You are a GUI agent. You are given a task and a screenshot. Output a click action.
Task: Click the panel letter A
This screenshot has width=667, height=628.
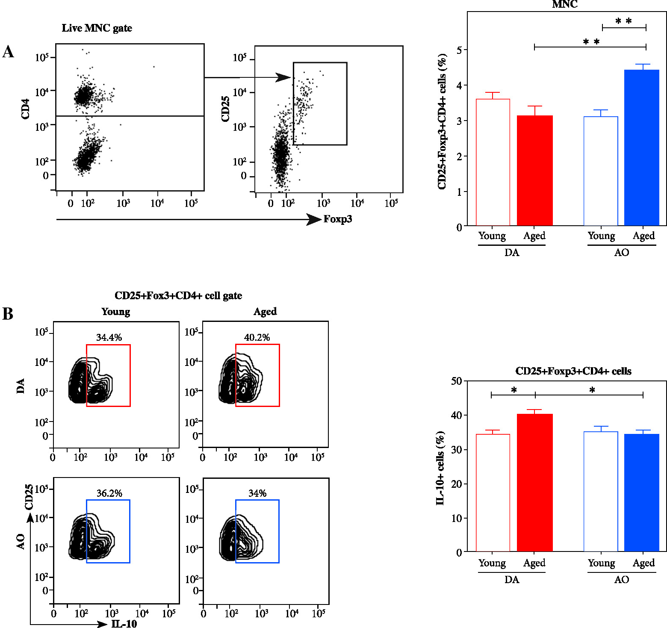pos(8,52)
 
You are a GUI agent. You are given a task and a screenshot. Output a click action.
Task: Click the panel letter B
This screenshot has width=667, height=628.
pos(8,314)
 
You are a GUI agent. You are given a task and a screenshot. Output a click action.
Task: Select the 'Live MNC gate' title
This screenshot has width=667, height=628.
pos(97,28)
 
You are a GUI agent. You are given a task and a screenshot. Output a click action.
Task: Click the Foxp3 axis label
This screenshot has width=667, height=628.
pos(337,219)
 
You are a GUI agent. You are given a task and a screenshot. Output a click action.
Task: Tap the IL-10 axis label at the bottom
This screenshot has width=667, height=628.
pos(124,624)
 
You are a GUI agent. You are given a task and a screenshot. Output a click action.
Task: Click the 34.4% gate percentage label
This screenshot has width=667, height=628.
pos(109,337)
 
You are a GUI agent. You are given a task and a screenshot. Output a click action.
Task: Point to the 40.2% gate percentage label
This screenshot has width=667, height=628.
pos(257,337)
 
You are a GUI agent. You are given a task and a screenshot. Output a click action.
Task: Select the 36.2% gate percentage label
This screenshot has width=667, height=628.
pos(109,493)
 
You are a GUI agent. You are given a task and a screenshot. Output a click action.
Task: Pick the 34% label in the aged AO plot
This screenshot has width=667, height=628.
pos(257,493)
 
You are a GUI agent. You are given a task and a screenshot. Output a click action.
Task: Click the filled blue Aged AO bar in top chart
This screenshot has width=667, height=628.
pos(642,147)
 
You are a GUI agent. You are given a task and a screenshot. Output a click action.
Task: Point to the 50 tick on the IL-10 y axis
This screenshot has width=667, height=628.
pos(457,381)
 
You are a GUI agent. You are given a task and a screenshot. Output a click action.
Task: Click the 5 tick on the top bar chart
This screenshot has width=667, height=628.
pos(459,50)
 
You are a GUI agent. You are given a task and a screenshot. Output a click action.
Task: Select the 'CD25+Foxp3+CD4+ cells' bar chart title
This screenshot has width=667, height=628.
pos(573,371)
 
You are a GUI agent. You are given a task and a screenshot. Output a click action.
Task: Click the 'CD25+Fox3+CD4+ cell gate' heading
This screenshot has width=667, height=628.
pos(178,296)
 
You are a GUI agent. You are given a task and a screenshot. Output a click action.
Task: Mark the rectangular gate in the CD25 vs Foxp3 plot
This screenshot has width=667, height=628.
pos(320,103)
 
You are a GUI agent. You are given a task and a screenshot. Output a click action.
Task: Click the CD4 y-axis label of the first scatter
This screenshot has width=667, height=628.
pos(25,109)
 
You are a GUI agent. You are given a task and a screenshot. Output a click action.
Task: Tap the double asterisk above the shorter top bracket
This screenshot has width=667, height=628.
pos(623,21)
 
